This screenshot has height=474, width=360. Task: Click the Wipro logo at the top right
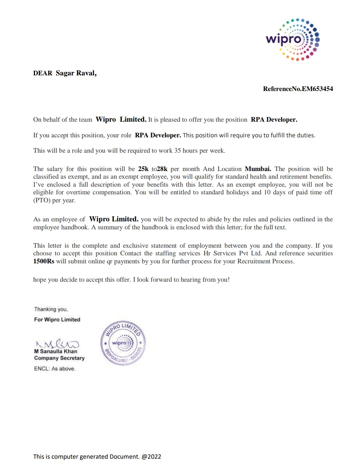point(293,40)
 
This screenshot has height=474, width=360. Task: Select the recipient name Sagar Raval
point(76,73)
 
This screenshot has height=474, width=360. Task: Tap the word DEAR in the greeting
point(43,73)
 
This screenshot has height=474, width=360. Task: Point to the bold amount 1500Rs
point(44,261)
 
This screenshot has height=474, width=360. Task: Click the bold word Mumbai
point(258,169)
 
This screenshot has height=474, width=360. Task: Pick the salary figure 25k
point(143,169)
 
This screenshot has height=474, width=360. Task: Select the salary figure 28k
point(162,169)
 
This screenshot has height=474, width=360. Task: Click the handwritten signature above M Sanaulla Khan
point(57,343)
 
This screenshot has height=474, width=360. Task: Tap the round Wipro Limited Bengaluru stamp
point(123,343)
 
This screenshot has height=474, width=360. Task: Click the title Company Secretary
point(59,358)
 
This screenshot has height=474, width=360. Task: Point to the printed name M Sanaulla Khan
point(56,351)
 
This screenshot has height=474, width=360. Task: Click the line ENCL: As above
point(55,369)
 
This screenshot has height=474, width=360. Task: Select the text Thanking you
point(51,309)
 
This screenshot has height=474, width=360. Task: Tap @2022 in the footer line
point(151,457)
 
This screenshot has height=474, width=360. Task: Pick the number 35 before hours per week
point(178,151)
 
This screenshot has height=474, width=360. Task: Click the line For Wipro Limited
point(57,320)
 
